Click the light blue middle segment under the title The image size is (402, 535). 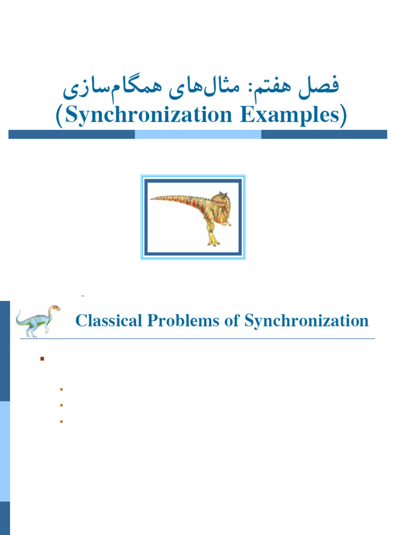198,134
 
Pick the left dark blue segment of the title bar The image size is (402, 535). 72,134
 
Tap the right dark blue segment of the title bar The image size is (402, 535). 324,134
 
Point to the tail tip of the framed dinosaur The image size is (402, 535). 153,198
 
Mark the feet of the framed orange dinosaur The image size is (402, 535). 213,242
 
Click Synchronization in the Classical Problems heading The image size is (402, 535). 306,320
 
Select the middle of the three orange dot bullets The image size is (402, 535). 61,405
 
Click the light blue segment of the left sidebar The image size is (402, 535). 5,451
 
